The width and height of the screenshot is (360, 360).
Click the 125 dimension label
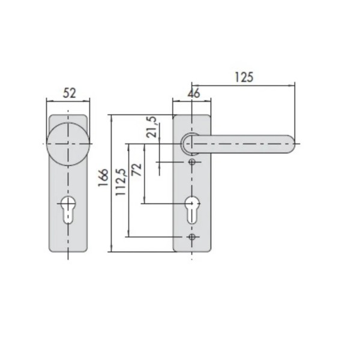coord(244,77)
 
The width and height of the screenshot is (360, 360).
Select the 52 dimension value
coord(70,93)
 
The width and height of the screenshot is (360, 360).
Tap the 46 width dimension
coord(194,94)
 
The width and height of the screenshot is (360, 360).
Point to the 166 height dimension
coord(103,178)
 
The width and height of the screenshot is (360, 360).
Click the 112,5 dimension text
coord(121,182)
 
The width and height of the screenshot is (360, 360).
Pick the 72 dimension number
coord(137,170)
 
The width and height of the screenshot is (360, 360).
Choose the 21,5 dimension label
coord(152,127)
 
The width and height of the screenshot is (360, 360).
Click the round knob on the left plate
coord(68,144)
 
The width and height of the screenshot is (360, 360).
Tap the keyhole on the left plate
coord(68,209)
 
